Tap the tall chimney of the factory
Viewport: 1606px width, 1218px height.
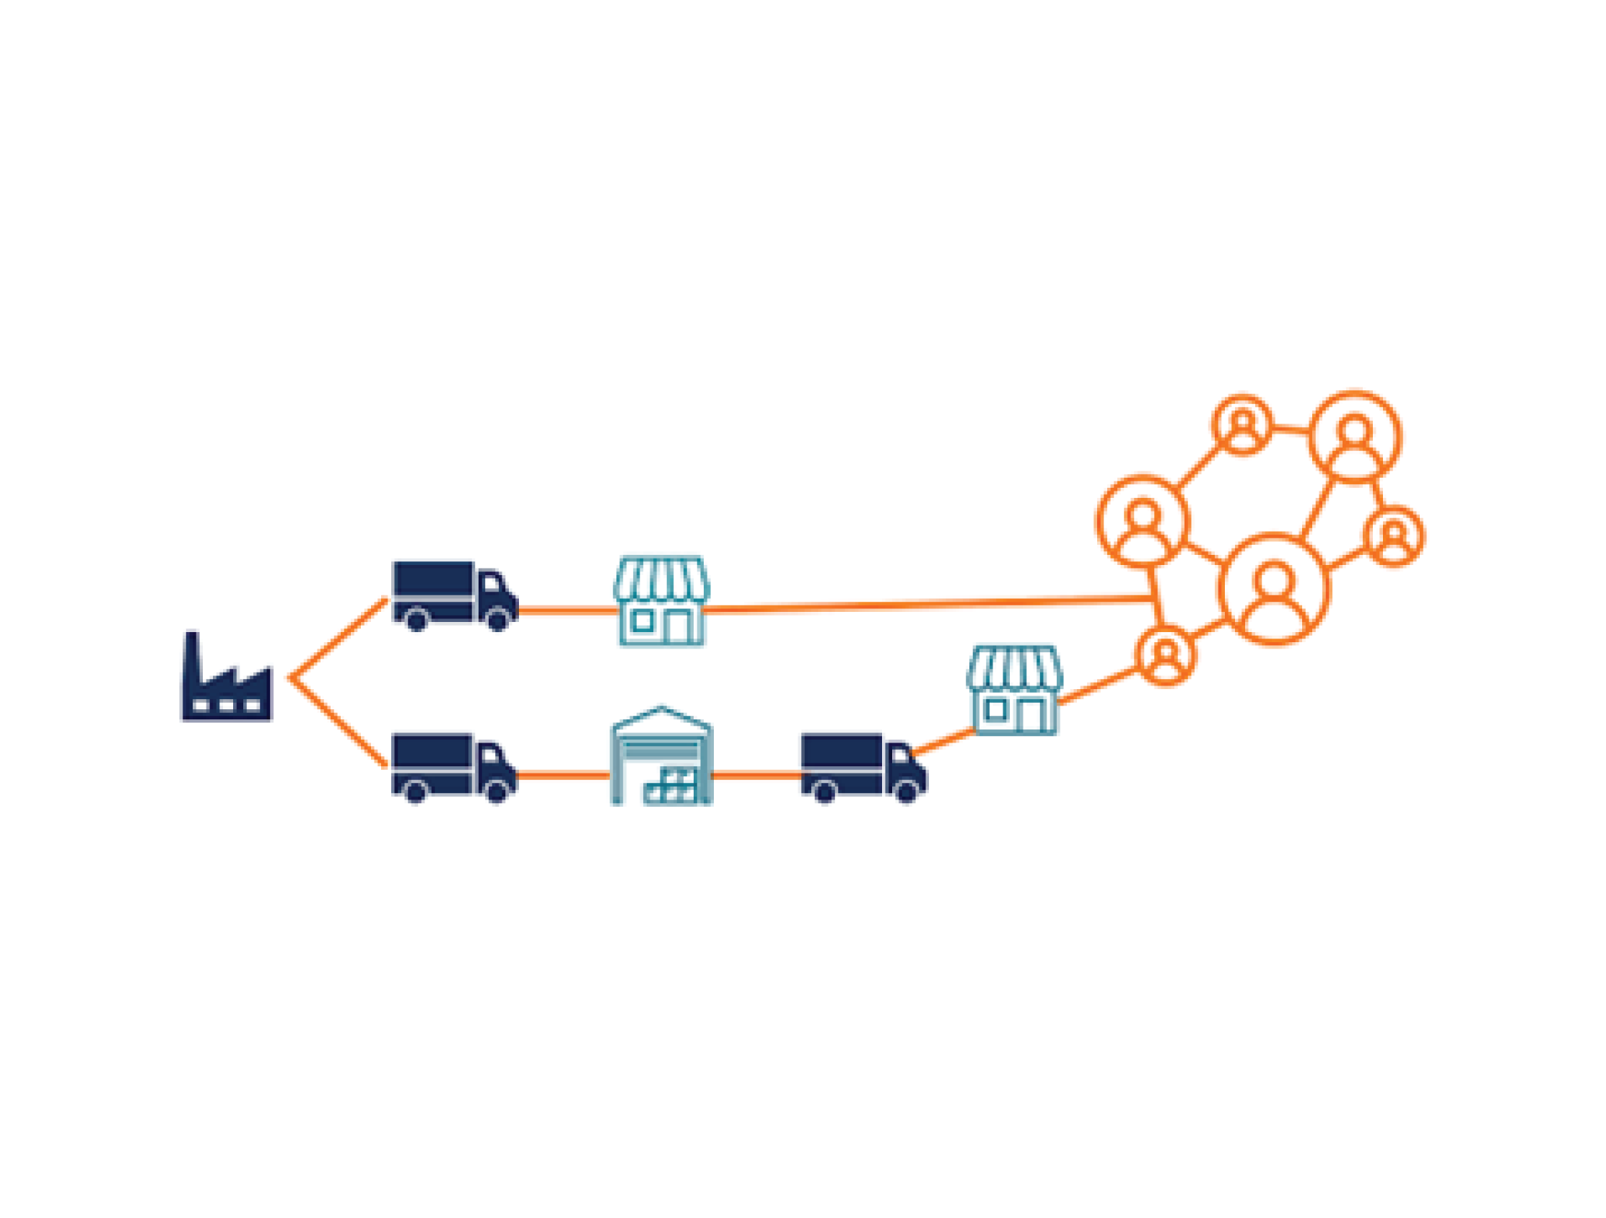coord(193,657)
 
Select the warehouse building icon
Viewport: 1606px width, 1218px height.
coord(660,755)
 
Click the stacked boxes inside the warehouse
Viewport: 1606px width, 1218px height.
coord(671,786)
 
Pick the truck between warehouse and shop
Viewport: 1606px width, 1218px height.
coord(863,766)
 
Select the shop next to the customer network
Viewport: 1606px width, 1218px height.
coord(1014,690)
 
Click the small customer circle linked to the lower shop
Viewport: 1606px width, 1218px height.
coord(1165,656)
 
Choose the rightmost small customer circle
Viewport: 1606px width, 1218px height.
coord(1394,536)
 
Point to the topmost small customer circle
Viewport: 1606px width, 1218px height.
coord(1242,424)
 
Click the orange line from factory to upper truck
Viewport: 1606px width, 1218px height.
coord(339,638)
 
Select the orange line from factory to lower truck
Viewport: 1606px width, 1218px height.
coord(339,722)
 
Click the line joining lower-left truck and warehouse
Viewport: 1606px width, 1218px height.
coord(564,775)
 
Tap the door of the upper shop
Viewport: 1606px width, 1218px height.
coord(677,626)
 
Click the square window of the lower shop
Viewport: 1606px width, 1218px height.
coord(995,709)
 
